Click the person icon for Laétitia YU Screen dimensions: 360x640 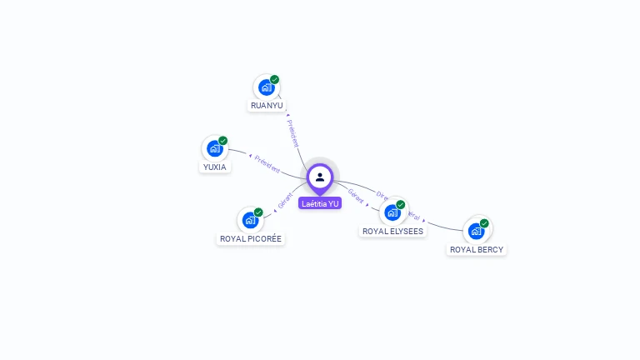pyautogui.click(x=320, y=177)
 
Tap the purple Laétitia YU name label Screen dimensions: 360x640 pyautogui.click(x=320, y=203)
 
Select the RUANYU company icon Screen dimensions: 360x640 pyautogui.click(x=266, y=87)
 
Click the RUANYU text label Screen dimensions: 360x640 pyautogui.click(x=267, y=106)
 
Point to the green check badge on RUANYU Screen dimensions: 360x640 pyautogui.click(x=275, y=79)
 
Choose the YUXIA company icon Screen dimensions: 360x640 pyautogui.click(x=214, y=149)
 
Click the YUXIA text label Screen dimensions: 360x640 pyautogui.click(x=215, y=167)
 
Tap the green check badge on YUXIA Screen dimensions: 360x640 pyautogui.click(x=223, y=141)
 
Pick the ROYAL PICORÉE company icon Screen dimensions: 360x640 pyautogui.click(x=250, y=221)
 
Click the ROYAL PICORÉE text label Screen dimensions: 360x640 pyautogui.click(x=251, y=239)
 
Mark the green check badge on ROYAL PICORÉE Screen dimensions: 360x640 pyautogui.click(x=258, y=212)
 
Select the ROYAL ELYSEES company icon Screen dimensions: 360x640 pyautogui.click(x=392, y=212)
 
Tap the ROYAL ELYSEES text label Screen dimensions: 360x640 pyautogui.click(x=392, y=231)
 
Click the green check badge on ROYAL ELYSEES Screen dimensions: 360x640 pyautogui.click(x=401, y=204)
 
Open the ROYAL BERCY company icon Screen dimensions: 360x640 pyautogui.click(x=476, y=231)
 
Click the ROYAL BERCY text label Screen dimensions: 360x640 pyautogui.click(x=477, y=249)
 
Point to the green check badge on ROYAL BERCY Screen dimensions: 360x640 pyautogui.click(x=484, y=222)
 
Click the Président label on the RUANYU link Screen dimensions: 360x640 pyautogui.click(x=292, y=133)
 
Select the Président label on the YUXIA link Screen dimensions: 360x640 pyautogui.click(x=267, y=163)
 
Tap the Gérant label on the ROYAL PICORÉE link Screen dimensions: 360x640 pyautogui.click(x=285, y=200)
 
